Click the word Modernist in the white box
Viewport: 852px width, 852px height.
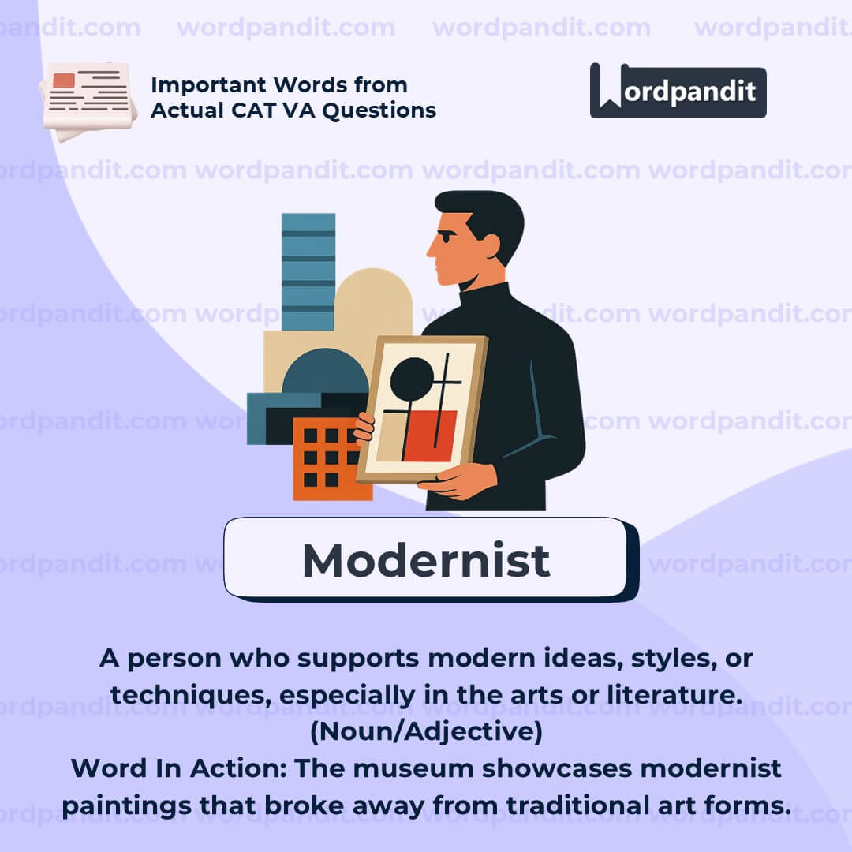pos(426,559)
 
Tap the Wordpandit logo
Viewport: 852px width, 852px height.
pos(678,91)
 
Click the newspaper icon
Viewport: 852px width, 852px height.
pos(88,100)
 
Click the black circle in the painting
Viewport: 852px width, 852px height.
pos(412,378)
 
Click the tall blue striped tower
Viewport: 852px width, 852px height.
pos(308,271)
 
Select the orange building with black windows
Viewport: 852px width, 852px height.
pos(332,458)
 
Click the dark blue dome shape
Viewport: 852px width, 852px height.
pos(325,371)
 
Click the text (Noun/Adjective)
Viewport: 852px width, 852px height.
pos(426,731)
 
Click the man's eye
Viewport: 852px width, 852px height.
pos(447,237)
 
